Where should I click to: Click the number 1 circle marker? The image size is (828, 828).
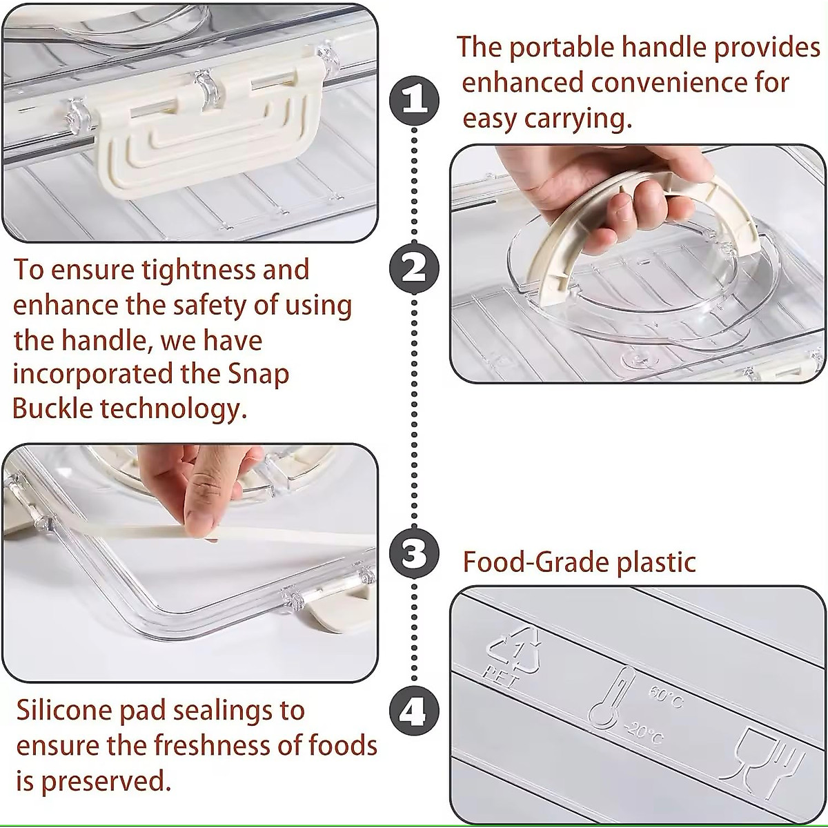coord(414,100)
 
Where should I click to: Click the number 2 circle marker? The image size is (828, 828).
coord(414,269)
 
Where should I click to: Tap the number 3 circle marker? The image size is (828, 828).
coord(414,553)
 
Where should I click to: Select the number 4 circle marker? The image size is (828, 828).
coord(414,711)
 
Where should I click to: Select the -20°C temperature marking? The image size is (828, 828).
coord(647,733)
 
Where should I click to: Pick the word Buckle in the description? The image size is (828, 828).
coord(52,409)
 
